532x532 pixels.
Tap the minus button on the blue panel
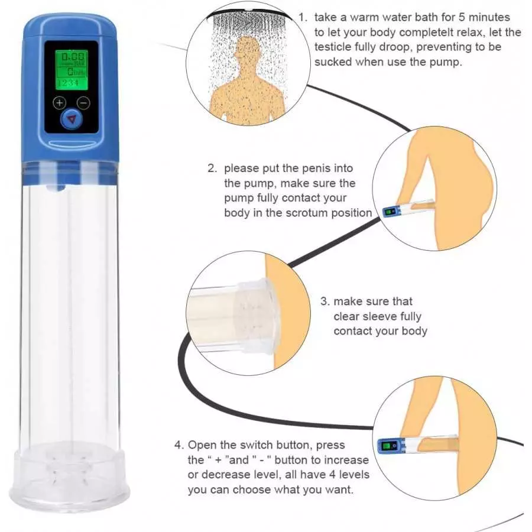coord(84,102)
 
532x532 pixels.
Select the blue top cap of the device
coord(70,26)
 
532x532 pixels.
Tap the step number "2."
coord(213,168)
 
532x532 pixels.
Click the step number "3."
coord(325,301)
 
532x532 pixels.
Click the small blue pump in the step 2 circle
coord(391,211)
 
